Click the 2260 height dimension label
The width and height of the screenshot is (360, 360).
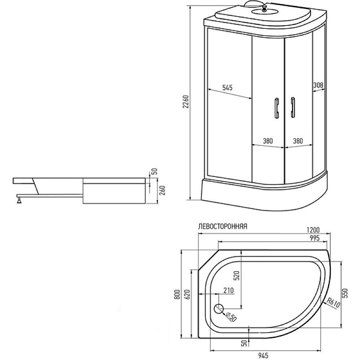[186, 102]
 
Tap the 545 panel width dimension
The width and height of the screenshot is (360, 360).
[227, 87]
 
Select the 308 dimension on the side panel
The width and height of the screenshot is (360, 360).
[318, 85]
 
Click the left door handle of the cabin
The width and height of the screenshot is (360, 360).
[277, 108]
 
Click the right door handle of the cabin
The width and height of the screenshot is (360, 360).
[293, 107]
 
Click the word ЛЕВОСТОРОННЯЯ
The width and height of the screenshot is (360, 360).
[222, 226]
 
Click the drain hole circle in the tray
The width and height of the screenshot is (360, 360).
[219, 309]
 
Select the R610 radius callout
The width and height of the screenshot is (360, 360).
[333, 303]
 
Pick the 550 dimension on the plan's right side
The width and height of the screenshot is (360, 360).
[345, 293]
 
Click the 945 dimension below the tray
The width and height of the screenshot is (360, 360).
[263, 355]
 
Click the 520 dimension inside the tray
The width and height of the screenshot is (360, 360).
[237, 275]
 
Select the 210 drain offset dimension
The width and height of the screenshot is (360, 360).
[229, 290]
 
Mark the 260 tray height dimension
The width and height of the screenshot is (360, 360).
[162, 190]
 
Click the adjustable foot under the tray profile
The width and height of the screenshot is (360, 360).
[19, 199]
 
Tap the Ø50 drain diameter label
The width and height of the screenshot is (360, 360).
[231, 317]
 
